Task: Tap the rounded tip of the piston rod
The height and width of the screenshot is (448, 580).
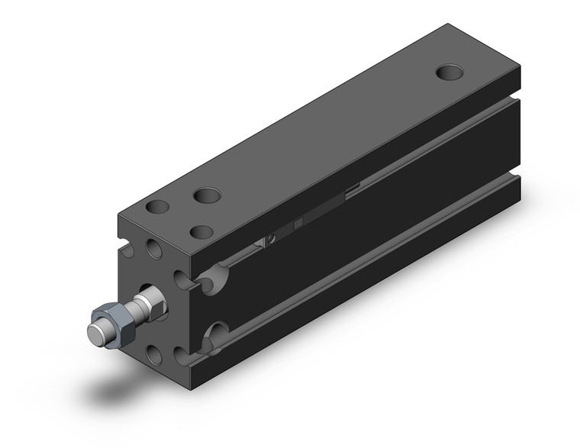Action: click(95, 333)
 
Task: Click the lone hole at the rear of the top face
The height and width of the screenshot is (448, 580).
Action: click(449, 73)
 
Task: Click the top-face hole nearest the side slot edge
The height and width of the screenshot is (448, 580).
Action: click(201, 230)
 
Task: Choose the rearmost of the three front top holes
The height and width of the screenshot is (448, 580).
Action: click(207, 195)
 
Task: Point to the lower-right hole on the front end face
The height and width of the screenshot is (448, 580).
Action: click(181, 356)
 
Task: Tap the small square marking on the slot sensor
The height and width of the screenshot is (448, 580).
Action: click(298, 223)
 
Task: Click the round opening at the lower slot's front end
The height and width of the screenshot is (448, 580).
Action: click(216, 332)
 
